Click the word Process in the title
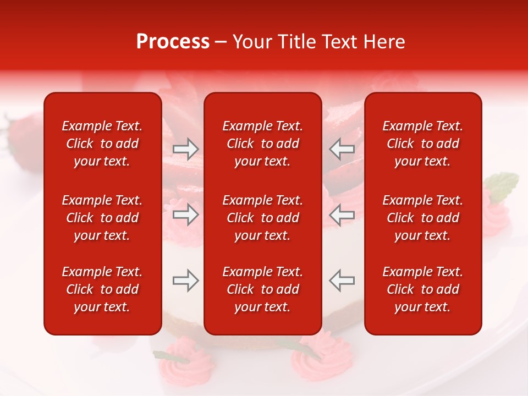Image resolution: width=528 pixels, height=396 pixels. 173,42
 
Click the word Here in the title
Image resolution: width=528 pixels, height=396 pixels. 385,42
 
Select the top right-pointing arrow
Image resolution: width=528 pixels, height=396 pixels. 186,148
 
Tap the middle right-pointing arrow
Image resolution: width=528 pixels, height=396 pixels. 186,215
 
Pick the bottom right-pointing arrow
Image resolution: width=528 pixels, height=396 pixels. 186,280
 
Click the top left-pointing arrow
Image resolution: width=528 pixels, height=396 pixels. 342,148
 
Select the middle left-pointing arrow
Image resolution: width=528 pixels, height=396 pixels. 342,215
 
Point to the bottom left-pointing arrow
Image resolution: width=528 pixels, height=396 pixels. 342,280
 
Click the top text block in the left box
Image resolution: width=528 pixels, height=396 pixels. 102,144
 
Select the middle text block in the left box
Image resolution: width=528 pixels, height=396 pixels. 102,218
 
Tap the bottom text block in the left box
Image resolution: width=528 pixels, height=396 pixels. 102,289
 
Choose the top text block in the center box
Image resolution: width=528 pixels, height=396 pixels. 262,144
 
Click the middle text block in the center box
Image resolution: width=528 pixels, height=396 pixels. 262,218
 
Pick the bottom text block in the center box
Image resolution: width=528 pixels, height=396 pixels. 262,289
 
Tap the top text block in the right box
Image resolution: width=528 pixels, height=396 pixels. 423,144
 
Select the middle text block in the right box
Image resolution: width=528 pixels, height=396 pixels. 423,218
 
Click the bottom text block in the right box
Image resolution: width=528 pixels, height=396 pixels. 423,289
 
